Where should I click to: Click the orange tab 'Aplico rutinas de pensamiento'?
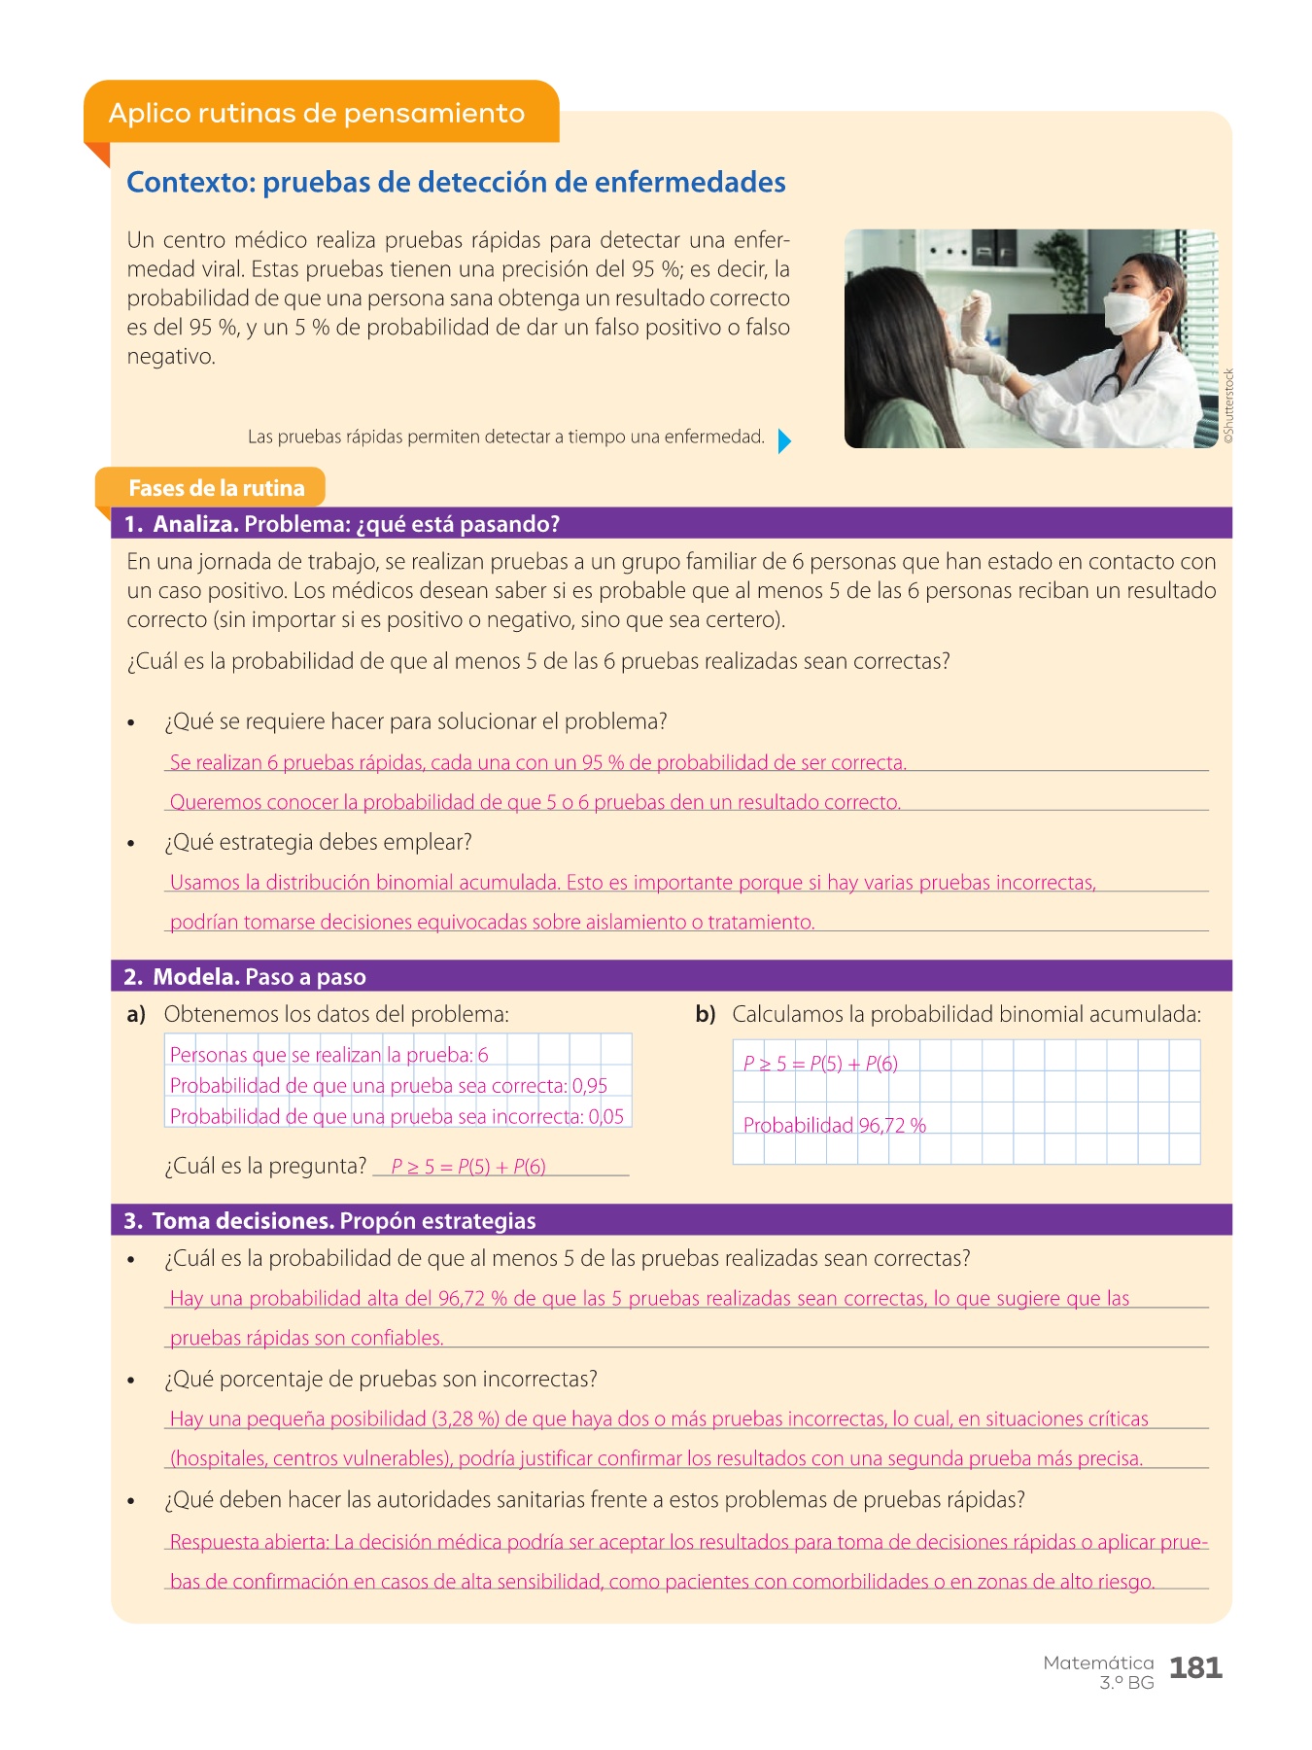(x=317, y=113)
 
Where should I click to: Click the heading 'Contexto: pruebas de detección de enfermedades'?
(x=456, y=182)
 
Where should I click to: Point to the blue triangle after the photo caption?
(x=784, y=441)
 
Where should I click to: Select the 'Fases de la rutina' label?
(x=216, y=488)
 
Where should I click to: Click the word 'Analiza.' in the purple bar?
(x=195, y=524)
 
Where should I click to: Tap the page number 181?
(x=1195, y=1668)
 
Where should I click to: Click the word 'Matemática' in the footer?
(x=1098, y=1662)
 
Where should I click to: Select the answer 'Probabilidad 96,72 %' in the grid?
(x=834, y=1126)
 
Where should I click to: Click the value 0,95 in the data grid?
(x=590, y=1086)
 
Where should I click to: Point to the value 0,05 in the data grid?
(x=606, y=1117)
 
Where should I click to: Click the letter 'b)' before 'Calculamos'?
(x=705, y=1015)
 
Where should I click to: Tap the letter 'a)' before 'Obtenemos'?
(x=136, y=1015)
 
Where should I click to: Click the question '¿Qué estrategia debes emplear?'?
(x=318, y=842)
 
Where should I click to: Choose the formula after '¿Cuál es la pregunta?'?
(x=468, y=1167)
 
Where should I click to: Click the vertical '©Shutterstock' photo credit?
(x=1228, y=406)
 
